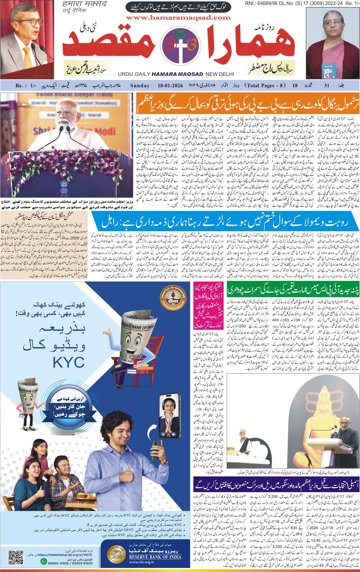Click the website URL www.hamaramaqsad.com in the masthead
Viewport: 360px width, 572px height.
pos(178,18)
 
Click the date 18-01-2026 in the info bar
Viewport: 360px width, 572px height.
pos(169,86)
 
